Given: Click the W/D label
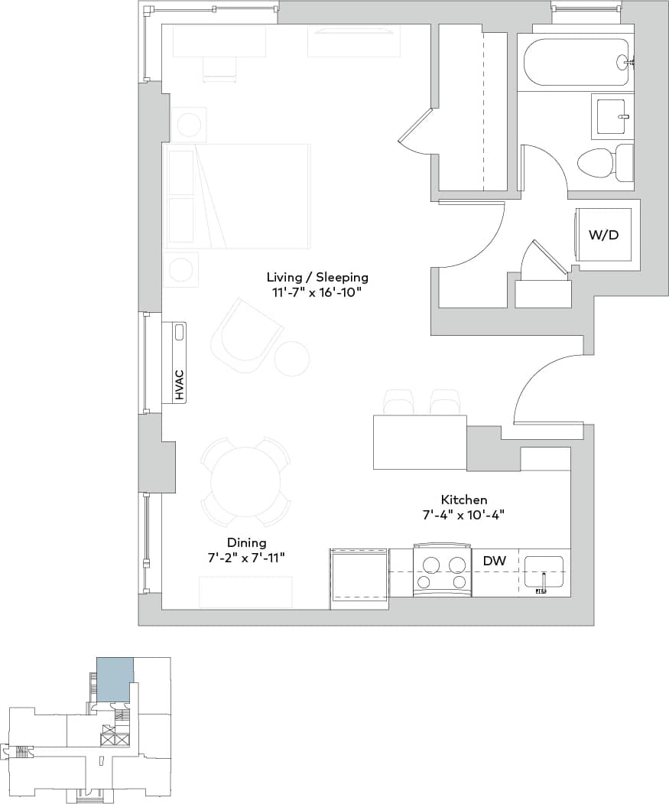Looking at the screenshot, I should (x=603, y=235).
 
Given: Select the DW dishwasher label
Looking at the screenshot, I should (x=495, y=561).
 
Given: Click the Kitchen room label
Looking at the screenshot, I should (x=464, y=499).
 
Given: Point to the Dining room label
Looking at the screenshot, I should (x=246, y=542).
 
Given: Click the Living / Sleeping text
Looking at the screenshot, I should (x=317, y=277).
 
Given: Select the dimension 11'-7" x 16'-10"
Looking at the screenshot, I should (x=317, y=292).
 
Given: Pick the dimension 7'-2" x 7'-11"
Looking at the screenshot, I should (x=246, y=558).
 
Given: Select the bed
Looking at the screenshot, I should (x=238, y=196).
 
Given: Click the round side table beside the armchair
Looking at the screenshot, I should (x=291, y=359).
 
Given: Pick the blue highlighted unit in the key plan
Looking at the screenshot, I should (x=115, y=679).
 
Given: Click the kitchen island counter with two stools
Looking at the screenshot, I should (x=419, y=441).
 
